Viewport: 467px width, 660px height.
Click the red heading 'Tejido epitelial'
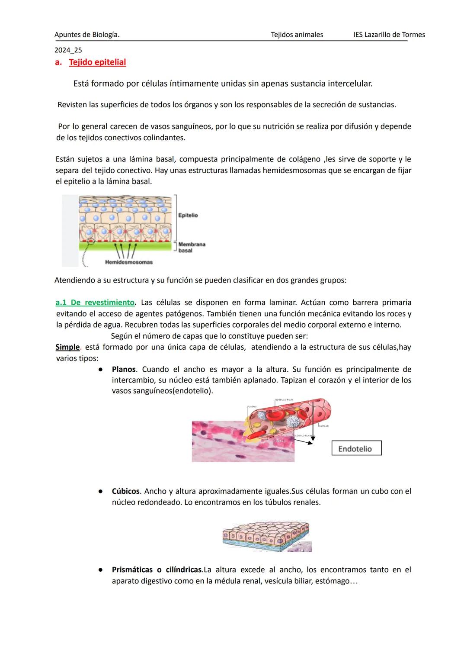point(97,62)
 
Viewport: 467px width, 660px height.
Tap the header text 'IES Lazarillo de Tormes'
point(389,35)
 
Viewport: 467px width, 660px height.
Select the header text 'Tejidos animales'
point(297,35)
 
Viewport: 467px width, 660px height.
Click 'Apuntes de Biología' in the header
point(86,35)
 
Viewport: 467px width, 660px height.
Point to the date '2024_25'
point(68,50)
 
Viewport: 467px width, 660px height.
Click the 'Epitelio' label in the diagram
point(188,216)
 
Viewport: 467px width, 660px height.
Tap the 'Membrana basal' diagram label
point(192,248)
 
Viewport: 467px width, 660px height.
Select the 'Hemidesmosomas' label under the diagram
point(129,262)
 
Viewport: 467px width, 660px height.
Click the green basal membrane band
point(125,246)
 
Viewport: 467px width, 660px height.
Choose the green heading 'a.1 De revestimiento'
point(95,303)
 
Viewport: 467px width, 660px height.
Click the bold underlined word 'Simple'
point(67,347)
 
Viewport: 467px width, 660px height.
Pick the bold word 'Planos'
point(124,370)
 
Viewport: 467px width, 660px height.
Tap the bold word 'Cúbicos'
point(125,492)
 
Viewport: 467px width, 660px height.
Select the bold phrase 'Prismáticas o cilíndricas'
point(157,570)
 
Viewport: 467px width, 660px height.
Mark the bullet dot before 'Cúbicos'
point(100,492)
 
